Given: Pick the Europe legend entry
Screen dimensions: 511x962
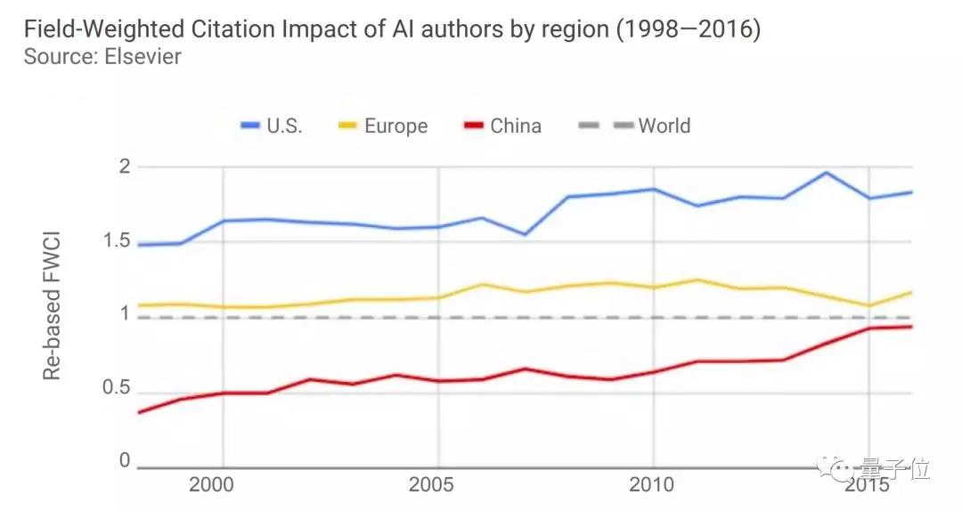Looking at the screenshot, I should [x=383, y=126].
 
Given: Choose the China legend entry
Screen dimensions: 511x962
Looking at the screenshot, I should [x=502, y=126].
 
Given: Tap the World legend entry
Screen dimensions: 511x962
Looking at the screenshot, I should [x=652, y=126].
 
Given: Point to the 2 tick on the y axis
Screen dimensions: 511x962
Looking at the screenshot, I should [x=125, y=166].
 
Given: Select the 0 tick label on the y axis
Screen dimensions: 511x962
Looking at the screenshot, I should [x=125, y=460].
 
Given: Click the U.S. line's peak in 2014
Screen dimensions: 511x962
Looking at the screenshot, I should [x=826, y=173].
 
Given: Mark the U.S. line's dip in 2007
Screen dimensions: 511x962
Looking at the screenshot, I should [x=525, y=234].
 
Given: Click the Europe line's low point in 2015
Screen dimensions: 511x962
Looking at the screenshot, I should [x=868, y=305].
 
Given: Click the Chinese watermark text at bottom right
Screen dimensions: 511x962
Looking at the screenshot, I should [x=893, y=466].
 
